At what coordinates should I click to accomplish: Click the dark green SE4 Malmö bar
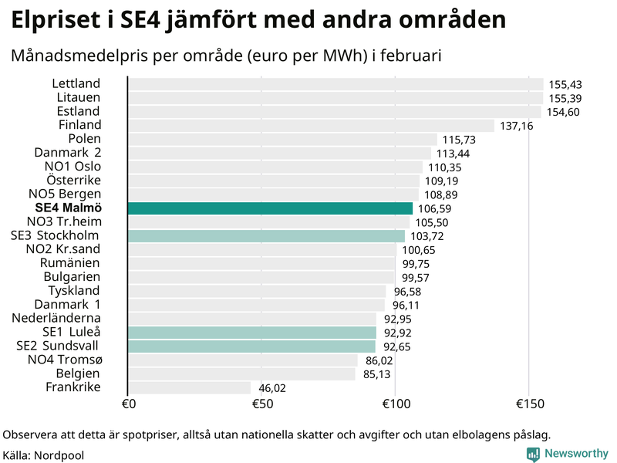click(x=270, y=208)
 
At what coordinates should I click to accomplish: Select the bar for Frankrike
click(x=189, y=387)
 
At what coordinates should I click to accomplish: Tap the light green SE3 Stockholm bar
click(x=265, y=236)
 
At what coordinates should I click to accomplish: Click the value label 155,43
click(x=565, y=84)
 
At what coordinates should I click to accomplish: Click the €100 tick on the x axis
click(x=394, y=404)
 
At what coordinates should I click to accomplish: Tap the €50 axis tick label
click(x=261, y=404)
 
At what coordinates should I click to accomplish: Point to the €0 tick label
click(x=129, y=404)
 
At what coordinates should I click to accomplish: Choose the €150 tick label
click(x=528, y=404)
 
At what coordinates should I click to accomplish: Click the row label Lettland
click(x=76, y=83)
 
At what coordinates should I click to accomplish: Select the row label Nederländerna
click(x=56, y=318)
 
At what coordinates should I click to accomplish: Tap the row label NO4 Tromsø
click(x=65, y=360)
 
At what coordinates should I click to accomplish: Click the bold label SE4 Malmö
click(x=69, y=208)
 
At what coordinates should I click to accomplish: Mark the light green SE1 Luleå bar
click(x=251, y=333)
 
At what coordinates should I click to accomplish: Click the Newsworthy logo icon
click(x=533, y=455)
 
